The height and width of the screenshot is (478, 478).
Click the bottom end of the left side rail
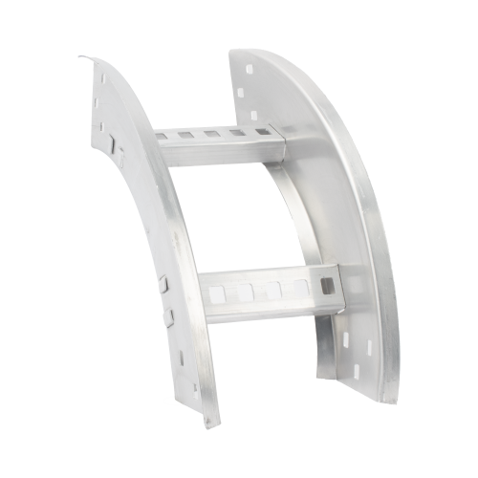[x=208, y=421]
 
